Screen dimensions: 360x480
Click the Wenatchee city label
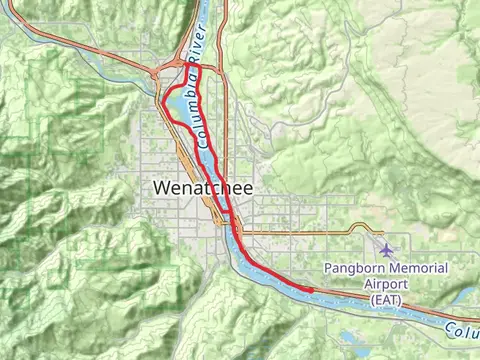[x=204, y=187]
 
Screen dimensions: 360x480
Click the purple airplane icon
[x=387, y=248]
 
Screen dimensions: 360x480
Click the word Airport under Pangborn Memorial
[x=384, y=284]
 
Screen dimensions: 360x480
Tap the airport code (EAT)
[x=384, y=299]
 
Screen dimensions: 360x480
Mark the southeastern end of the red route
[x=311, y=290]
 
